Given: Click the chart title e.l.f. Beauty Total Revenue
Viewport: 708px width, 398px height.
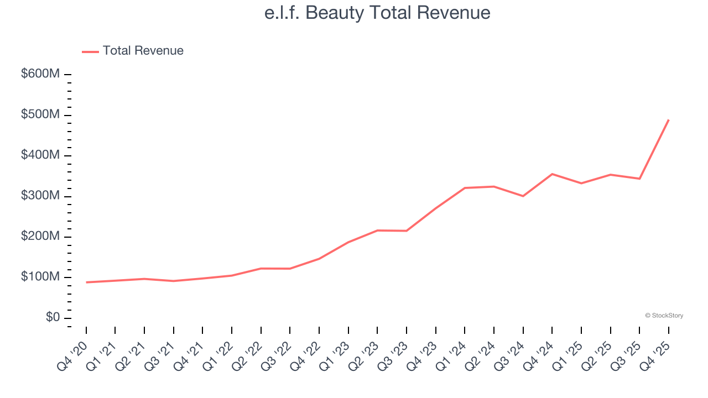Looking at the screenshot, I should click(377, 13).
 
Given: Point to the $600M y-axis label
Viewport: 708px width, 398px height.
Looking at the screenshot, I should click(40, 74).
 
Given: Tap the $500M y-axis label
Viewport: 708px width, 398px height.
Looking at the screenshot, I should click(40, 115).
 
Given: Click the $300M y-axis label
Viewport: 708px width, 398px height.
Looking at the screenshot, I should click(40, 196).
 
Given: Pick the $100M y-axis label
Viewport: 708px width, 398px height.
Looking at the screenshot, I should click(40, 277).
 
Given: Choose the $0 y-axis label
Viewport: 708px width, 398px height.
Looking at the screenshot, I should click(53, 318).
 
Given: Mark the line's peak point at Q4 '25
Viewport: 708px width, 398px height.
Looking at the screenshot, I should click(669, 120).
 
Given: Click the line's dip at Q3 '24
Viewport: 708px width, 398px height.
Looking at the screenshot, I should click(523, 196).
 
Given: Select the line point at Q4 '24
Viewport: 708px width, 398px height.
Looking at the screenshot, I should click(552, 174).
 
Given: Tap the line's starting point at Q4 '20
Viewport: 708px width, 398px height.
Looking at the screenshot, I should click(86, 282).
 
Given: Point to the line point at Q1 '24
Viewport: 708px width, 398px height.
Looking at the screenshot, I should click(465, 188).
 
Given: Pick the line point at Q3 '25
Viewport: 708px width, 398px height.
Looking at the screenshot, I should click(639, 179).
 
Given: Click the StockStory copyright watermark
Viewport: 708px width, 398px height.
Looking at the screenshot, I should click(664, 316).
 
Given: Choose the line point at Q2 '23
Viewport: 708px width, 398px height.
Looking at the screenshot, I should click(377, 231).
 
